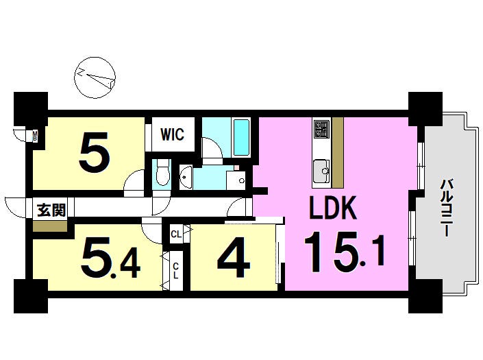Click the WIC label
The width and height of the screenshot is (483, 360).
[172, 134]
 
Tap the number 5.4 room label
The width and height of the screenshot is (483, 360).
[111, 258]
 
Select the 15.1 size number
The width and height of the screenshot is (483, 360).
[345, 253]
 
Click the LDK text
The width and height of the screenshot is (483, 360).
[333, 208]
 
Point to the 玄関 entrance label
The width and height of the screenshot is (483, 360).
[51, 211]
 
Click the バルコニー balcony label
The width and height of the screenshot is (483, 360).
[446, 208]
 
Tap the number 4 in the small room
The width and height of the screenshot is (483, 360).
[234, 257]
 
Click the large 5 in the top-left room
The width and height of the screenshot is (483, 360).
[95, 152]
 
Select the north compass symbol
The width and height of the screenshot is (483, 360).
[95, 77]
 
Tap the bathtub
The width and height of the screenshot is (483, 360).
[241, 137]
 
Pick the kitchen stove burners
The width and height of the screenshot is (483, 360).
[320, 129]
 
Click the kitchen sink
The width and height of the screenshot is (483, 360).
[321, 171]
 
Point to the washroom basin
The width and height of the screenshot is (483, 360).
[186, 177]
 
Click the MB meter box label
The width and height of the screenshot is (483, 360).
[35, 136]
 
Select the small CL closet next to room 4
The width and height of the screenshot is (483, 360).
[176, 235]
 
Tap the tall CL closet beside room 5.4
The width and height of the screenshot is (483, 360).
[175, 271]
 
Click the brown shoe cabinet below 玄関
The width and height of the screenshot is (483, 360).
[50, 226]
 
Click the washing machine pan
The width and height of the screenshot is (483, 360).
[236, 180]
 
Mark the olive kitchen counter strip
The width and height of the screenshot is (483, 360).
[338, 152]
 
